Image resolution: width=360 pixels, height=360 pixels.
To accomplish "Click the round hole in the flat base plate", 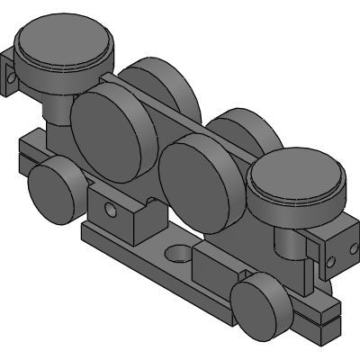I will click(177, 251).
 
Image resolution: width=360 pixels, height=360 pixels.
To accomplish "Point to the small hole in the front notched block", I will click(112, 212).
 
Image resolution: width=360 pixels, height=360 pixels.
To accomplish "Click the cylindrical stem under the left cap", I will click(57, 112).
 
